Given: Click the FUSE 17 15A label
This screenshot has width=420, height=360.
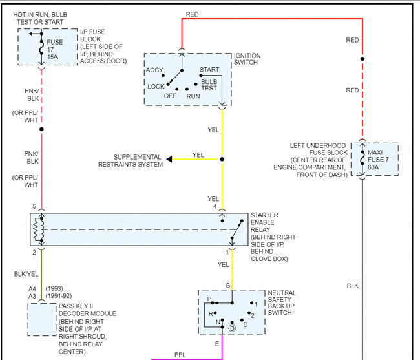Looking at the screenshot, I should coord(56,48).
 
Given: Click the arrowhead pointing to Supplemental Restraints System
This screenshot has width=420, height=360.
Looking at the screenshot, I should coord(169,159).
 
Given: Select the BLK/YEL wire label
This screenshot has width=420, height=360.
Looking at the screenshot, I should coord(26,275).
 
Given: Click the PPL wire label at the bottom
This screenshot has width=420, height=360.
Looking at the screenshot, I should coord(180,354).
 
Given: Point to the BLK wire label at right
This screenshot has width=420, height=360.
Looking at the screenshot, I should coord(352,285).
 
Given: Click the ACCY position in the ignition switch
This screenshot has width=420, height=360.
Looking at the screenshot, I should coord(154,70).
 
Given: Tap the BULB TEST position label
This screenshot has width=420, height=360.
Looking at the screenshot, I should coord(209,85).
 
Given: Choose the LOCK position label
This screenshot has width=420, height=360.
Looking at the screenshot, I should coord(156,86).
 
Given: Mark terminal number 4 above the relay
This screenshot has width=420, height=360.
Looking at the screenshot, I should coord(215,207).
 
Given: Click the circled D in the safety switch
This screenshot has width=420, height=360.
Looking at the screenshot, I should coord(231,328).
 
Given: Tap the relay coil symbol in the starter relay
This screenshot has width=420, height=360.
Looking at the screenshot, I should coord(41,229).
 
